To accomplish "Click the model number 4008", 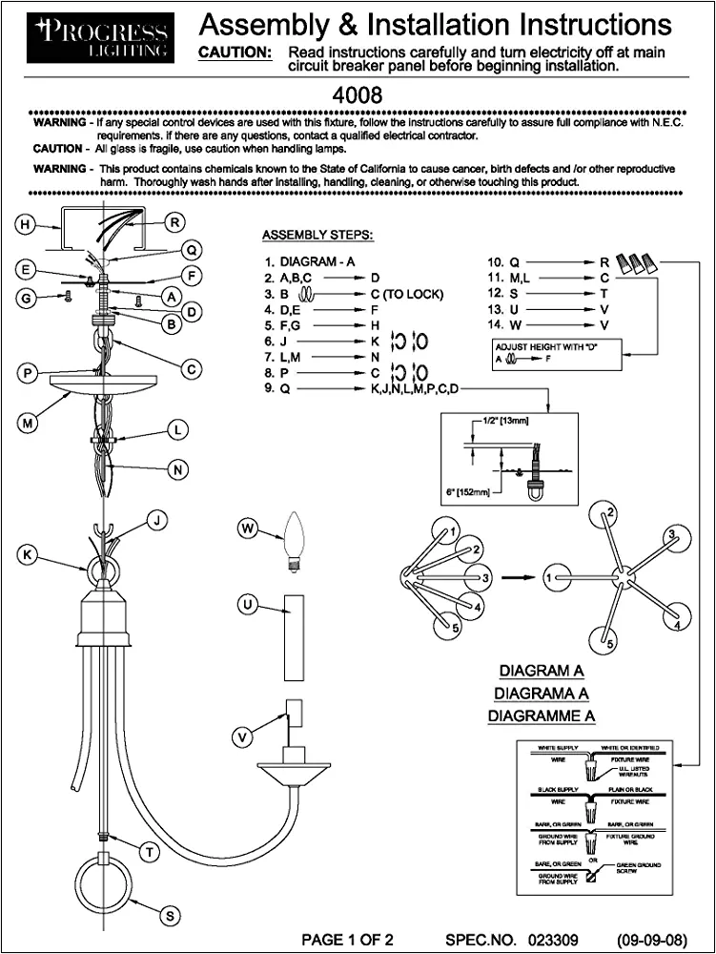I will click(358, 95).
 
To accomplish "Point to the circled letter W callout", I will click(248, 528).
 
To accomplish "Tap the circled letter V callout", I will click(245, 736).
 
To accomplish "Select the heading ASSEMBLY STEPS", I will click(317, 235).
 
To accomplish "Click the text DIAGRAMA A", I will click(542, 693).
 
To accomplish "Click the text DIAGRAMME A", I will click(542, 715).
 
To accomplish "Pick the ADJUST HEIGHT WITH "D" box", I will click(553, 353).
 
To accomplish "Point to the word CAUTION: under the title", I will click(234, 52).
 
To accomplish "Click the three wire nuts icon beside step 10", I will click(636, 261).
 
